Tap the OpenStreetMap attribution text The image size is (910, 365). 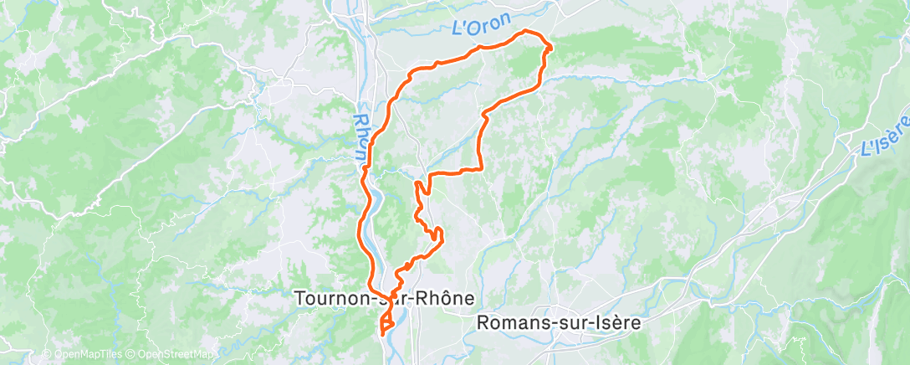(x=166, y=355)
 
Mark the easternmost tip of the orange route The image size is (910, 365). (x=550, y=48)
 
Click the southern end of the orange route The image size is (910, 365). (x=382, y=334)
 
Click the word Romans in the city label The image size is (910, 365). (x=508, y=322)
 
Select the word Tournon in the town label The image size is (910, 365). (x=328, y=298)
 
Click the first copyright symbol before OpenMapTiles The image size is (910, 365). (x=46, y=355)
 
